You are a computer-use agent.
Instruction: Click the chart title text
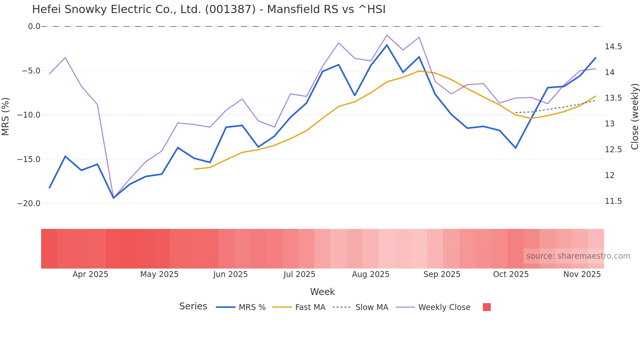pyautogui.click(x=209, y=9)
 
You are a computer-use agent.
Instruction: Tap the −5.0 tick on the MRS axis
pyautogui.click(x=31, y=71)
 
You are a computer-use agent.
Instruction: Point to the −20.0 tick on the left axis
pyautogui.click(x=29, y=204)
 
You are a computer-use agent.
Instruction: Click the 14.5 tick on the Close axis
pyautogui.click(x=613, y=47)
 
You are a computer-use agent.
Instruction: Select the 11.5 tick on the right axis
pyautogui.click(x=613, y=201)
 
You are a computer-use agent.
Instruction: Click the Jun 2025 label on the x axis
pyautogui.click(x=230, y=274)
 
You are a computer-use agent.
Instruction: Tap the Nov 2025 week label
pyautogui.click(x=582, y=274)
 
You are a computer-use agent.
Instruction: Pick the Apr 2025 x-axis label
pyautogui.click(x=90, y=274)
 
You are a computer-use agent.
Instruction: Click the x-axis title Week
pyautogui.click(x=322, y=292)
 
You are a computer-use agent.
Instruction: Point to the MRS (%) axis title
pyautogui.click(x=6, y=117)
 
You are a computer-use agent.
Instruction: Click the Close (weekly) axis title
pyautogui.click(x=634, y=117)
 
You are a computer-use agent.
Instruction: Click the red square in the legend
pyautogui.click(x=487, y=307)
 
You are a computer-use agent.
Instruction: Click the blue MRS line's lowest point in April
pyautogui.click(x=114, y=198)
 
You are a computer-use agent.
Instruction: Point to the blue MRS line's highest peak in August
pyautogui.click(x=387, y=45)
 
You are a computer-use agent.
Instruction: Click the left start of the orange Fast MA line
pyautogui.click(x=194, y=169)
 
